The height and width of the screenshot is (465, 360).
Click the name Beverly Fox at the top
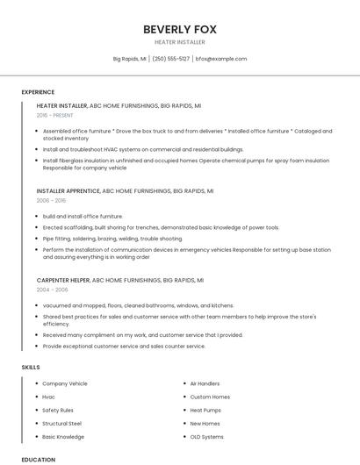[180, 29]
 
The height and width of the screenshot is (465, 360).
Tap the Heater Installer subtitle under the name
[180, 42]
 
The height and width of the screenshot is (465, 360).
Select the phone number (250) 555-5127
[170, 59]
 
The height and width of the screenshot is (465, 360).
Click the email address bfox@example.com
[221, 59]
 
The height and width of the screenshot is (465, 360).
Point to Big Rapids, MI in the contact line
[130, 59]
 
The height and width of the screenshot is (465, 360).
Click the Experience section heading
[38, 92]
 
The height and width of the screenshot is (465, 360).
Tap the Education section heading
[38, 460]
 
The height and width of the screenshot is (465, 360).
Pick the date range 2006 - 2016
[51, 200]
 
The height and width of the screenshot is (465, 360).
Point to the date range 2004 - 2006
[52, 289]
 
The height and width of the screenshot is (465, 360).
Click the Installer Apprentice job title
[68, 190]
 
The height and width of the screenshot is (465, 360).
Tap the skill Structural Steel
[62, 423]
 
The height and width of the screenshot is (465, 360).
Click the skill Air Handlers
[205, 383]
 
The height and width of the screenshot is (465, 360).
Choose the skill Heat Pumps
[205, 410]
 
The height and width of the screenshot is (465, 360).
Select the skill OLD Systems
[207, 436]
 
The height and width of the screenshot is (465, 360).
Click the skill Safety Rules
[58, 410]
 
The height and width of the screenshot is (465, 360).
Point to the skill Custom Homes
[210, 397]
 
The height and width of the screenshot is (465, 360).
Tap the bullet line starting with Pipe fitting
[112, 239]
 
